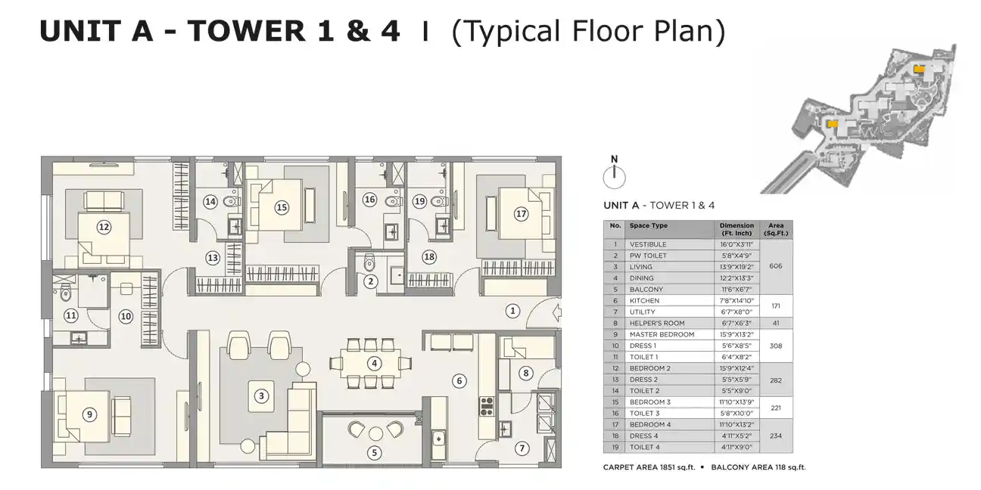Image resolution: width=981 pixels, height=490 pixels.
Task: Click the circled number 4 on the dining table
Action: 374,363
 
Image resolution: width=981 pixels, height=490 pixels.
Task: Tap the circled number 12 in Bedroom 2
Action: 104,227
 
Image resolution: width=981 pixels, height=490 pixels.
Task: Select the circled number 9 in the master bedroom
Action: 89,414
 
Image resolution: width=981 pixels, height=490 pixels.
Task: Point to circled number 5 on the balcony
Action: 374,453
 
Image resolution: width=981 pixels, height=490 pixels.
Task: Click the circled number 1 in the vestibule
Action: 513,311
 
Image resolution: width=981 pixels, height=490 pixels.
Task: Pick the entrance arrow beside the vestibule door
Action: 556,313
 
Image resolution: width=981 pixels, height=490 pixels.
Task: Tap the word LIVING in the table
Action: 640,267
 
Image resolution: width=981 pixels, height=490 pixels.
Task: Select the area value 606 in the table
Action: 776,266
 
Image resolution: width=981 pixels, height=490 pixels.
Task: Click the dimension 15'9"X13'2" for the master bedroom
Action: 737,335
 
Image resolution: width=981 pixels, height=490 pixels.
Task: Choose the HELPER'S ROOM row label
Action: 657,324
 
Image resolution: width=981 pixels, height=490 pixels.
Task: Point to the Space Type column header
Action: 649,226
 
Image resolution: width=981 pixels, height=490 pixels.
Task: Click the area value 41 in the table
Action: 776,324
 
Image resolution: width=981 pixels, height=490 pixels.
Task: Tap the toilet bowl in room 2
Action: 369,262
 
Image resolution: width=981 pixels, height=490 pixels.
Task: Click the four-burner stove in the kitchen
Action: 487,406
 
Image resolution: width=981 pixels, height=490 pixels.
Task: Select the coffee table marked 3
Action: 261,396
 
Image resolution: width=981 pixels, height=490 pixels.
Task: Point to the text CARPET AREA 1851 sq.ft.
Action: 649,467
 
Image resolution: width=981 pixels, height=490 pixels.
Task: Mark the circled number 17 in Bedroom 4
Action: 521,213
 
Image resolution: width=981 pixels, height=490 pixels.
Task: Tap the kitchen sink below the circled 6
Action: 438,439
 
